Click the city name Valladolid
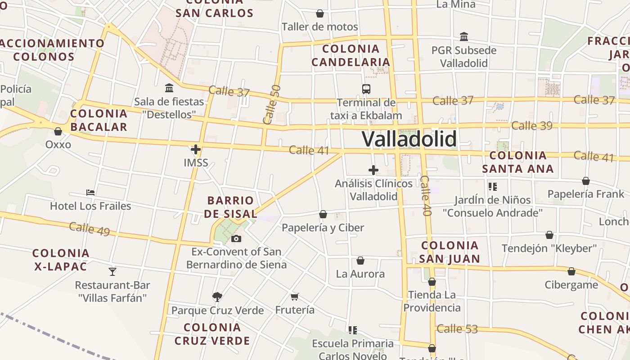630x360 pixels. [x=409, y=139]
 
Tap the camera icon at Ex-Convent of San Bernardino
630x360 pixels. [x=236, y=238]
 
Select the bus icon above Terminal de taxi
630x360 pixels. [x=366, y=89]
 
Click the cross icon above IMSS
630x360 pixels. [x=196, y=149]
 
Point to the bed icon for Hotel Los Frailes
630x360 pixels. [x=90, y=193]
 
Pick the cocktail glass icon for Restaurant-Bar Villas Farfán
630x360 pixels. [x=112, y=271]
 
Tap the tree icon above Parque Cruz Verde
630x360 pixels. [x=217, y=297]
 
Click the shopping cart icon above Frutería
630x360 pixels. [x=295, y=297]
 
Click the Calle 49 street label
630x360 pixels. [x=90, y=229]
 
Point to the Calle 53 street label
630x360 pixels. [x=457, y=329]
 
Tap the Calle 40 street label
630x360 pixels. [x=426, y=196]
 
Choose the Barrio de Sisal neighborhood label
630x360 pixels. [x=230, y=207]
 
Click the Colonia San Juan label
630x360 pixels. [x=450, y=252]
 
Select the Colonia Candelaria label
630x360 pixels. [x=351, y=55]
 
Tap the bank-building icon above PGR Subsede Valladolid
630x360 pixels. [x=464, y=36]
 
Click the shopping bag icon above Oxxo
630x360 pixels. [x=58, y=131]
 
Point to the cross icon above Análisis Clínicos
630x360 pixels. [x=373, y=170]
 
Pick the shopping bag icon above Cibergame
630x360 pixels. [x=571, y=271]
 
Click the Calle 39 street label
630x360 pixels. [x=532, y=126]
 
